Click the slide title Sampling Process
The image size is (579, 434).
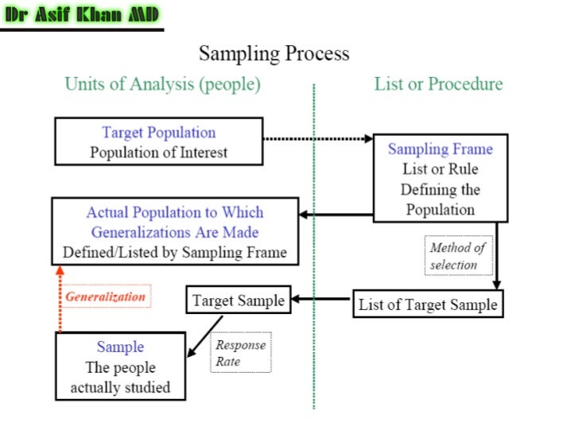pos(274,54)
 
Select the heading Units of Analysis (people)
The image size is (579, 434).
pos(162,83)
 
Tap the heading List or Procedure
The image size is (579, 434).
pos(438,83)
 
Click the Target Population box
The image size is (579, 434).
pos(158,141)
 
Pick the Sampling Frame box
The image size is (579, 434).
pos(440,179)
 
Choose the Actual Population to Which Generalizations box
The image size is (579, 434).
pos(175,233)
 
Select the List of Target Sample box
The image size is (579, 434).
pos(428,304)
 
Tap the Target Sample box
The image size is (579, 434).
pos(239,300)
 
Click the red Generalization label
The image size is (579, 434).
pos(106,296)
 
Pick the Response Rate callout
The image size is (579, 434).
pos(240,353)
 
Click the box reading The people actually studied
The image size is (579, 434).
pos(119,367)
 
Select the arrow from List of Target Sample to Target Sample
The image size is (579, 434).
pos(321,300)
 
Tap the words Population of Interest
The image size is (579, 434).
pos(158,152)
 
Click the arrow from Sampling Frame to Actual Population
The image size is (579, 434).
pos(336,214)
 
